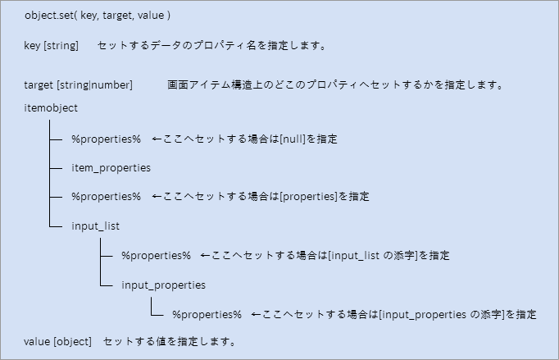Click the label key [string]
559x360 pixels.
coord(51,46)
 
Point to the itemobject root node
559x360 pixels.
coord(52,107)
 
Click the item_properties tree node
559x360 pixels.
coord(111,168)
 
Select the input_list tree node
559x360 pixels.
coord(97,226)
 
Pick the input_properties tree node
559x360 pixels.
coord(163,285)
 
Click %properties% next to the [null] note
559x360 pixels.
coord(106,139)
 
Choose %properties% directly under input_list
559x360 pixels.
coord(156,255)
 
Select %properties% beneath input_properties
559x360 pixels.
coord(207,314)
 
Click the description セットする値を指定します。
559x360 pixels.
coord(168,340)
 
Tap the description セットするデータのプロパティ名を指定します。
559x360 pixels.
coord(212,46)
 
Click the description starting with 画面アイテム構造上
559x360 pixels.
coord(334,85)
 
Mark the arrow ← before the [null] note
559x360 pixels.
coord(157,139)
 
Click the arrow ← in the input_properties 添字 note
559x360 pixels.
coord(256,314)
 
